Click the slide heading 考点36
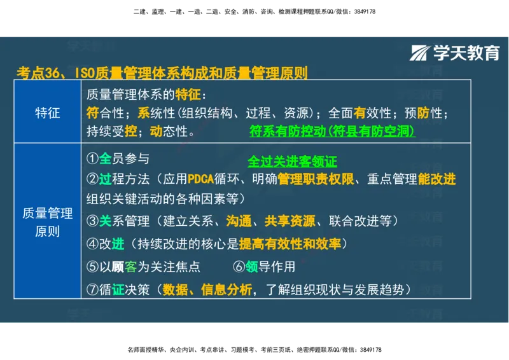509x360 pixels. tap(38, 73)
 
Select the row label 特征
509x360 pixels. tap(47, 113)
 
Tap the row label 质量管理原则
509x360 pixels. tap(47, 222)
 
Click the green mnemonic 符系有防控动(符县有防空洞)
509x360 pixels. tap(332, 132)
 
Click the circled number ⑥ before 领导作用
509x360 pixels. tap(239, 267)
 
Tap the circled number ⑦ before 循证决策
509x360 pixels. tap(93, 289)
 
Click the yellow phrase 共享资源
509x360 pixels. tap(289, 221)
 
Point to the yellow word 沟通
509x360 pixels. tap(239, 221)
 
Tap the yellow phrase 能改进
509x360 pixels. tap(436, 179)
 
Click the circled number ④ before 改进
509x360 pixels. tap(93, 244)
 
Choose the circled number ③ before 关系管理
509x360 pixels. tap(93, 221)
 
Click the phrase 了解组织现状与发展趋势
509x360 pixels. tap(336, 289)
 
